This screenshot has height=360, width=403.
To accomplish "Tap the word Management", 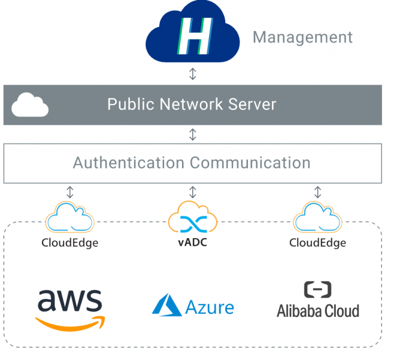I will (x=303, y=37).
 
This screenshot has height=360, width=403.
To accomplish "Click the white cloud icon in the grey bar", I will (x=30, y=105).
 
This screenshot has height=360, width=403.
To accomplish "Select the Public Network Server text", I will (x=192, y=104).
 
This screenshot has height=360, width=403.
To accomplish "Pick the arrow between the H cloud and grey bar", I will (x=193, y=74).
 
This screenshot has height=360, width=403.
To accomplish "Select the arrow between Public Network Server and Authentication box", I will (x=193, y=134).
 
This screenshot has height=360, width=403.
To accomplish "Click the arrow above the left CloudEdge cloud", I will (x=70, y=192).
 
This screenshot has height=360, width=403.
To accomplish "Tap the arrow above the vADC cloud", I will (x=193, y=192).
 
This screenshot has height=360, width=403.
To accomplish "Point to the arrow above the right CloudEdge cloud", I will (x=317, y=192).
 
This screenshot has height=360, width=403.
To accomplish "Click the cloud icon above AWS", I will (x=70, y=218).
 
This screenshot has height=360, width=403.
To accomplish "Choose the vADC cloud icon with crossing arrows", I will (x=193, y=220).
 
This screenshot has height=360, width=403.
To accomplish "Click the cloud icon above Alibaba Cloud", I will (x=317, y=218).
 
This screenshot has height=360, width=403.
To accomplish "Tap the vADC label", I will (x=193, y=243).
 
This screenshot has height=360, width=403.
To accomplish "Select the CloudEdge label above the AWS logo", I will (x=70, y=243).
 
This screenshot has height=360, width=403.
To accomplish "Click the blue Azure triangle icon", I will (x=166, y=305).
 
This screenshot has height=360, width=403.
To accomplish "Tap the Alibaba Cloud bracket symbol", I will (x=317, y=290).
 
